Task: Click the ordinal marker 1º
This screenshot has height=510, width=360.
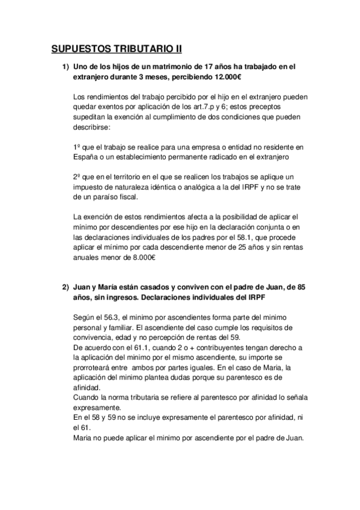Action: point(75,146)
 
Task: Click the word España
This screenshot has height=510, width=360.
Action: point(85,157)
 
